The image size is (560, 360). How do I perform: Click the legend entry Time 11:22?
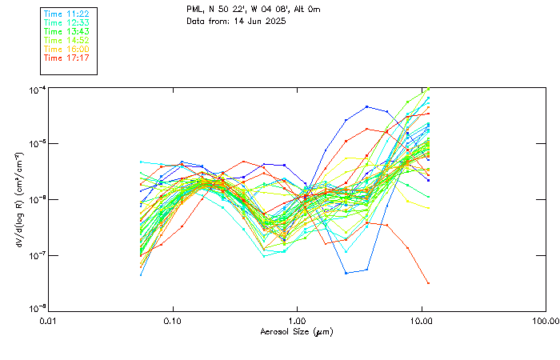pos(66,14)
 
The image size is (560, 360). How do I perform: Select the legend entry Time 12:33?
pos(66,23)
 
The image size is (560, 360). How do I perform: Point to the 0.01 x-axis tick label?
pos(49,322)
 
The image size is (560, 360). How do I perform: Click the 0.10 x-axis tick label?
pos(173,322)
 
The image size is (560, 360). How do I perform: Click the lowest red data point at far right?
pos(428,282)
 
